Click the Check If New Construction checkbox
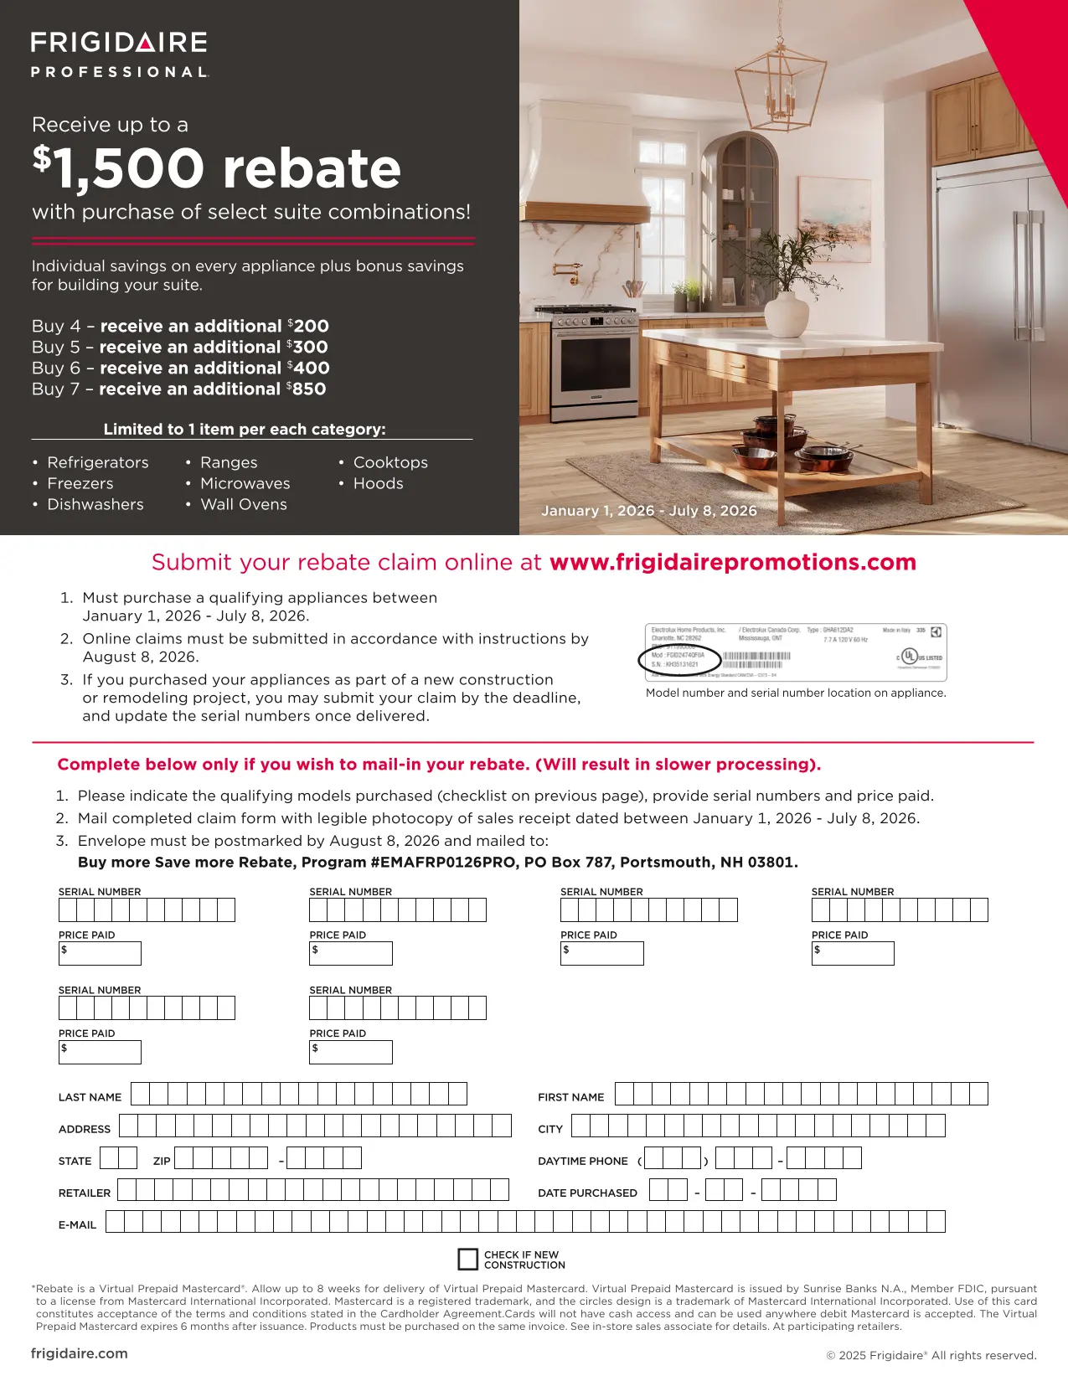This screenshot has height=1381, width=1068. click(467, 1259)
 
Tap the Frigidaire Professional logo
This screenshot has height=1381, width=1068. click(119, 54)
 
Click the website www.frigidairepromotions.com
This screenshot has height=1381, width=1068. click(733, 562)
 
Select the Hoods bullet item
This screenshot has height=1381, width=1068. click(378, 483)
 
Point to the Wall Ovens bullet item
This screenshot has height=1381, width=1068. click(243, 504)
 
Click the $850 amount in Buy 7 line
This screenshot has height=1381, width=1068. click(307, 389)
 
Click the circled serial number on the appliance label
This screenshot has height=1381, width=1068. click(679, 661)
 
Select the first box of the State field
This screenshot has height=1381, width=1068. click(109, 1158)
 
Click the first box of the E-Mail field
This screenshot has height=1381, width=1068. click(115, 1221)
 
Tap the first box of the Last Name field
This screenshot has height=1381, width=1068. click(140, 1094)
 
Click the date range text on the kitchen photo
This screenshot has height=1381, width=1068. click(649, 511)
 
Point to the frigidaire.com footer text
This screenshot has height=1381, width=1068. click(80, 1353)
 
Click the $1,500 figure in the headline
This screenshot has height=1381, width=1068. click(119, 168)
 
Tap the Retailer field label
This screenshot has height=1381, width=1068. click(85, 1193)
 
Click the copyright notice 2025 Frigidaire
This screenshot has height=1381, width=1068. click(931, 1355)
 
